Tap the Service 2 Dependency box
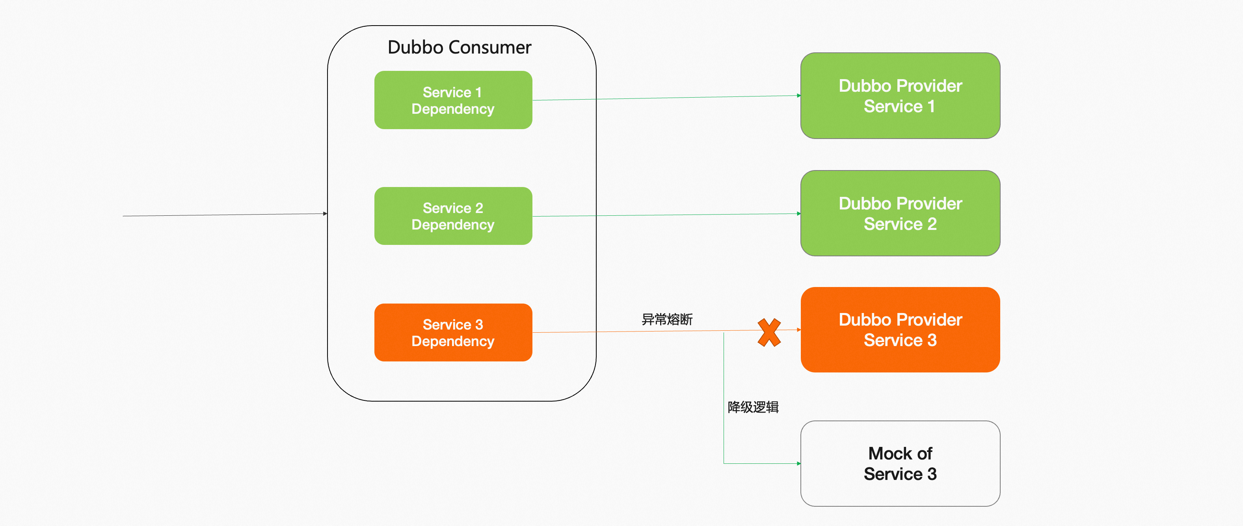tap(453, 216)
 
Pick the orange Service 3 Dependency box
tap(453, 332)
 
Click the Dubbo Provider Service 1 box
tap(900, 95)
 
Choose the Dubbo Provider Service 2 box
tap(900, 213)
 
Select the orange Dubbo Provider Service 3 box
tap(900, 330)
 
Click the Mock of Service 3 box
tap(900, 463)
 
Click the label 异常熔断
tap(667, 319)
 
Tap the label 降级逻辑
tap(753, 407)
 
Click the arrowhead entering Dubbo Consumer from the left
tap(325, 213)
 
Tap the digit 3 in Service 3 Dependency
tap(479, 324)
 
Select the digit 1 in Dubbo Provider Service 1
tap(931, 106)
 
